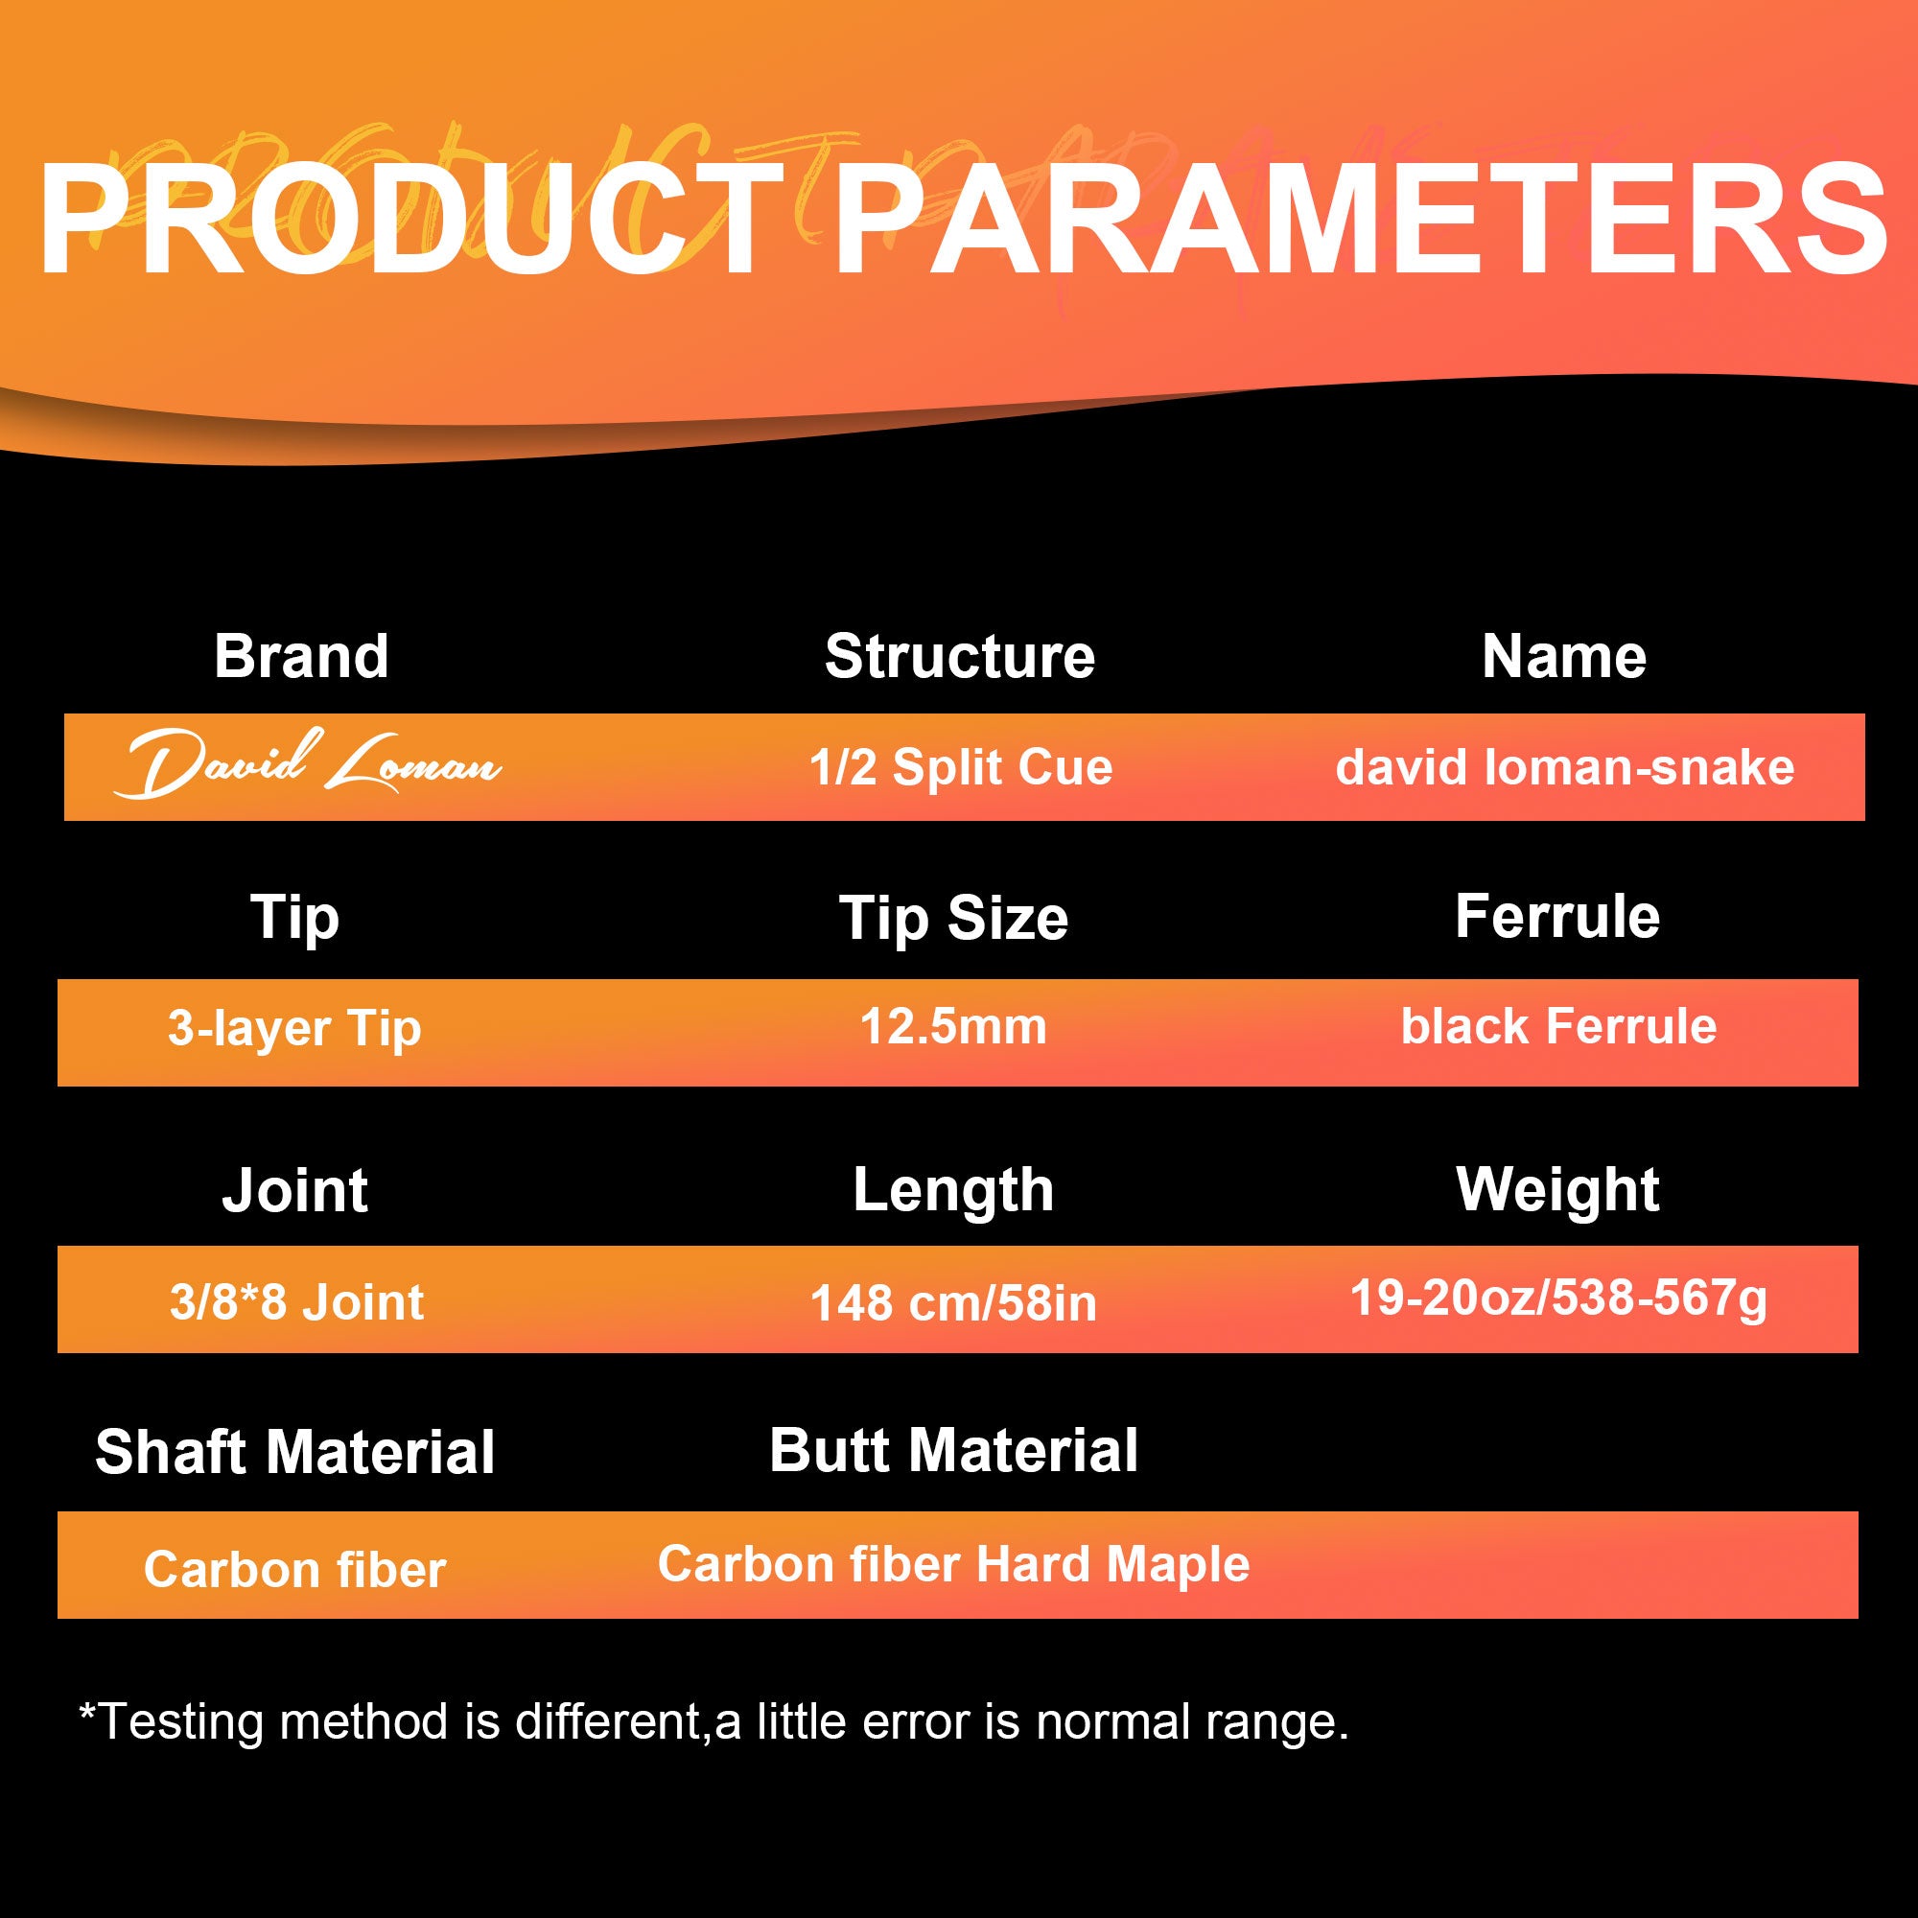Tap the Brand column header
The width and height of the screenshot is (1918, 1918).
pos(302,656)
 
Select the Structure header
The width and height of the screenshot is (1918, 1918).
pos(960,656)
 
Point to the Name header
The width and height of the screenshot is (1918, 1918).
pos(1564,656)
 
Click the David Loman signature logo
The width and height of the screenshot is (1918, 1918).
pos(308,763)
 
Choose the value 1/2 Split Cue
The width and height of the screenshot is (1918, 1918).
pos(961,767)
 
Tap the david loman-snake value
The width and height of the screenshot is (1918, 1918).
pos(1564,767)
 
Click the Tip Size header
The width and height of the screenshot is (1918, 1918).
pos(954,919)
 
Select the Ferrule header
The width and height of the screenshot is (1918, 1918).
pos(1557,915)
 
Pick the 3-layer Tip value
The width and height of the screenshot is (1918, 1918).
pos(294,1028)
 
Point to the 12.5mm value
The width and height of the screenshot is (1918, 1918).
pos(953,1026)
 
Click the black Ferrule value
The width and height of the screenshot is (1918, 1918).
pos(1558,1026)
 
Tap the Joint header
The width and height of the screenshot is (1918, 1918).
pos(294,1190)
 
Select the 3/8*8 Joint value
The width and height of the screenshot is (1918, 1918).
pos(297,1301)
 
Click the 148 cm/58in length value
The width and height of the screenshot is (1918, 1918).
pos(954,1303)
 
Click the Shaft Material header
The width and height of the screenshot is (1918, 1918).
pos(294,1452)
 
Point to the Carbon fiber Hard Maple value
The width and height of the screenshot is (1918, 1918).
pos(954,1564)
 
